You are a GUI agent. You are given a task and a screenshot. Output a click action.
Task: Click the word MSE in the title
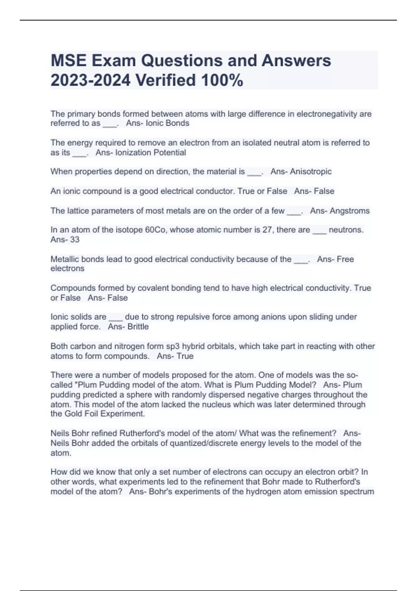point(68,61)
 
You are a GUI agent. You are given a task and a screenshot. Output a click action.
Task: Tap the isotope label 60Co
point(155,230)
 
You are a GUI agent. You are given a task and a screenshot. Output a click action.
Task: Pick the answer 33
point(75,240)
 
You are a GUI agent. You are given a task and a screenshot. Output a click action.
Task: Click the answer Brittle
point(138,327)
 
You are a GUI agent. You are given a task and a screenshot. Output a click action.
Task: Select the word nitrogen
point(121,346)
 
